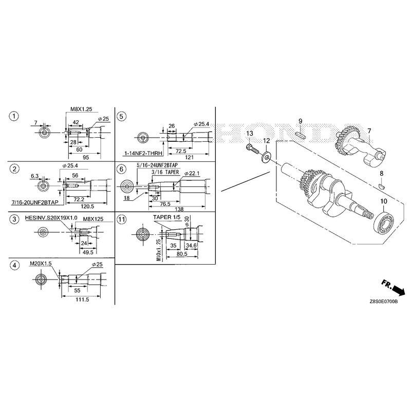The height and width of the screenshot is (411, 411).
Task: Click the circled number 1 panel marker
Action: [14, 116]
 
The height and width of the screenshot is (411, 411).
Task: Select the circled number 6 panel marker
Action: [121, 170]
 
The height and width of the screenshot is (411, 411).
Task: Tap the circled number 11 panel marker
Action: [121, 219]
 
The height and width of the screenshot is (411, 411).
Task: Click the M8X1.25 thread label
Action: [81, 109]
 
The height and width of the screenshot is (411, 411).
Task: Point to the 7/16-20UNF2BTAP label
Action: [35, 202]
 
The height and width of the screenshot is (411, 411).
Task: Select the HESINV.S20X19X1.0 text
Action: [51, 218]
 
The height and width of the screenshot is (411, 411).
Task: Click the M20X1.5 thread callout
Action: [41, 264]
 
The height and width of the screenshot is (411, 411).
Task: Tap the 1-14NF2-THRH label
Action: [143, 153]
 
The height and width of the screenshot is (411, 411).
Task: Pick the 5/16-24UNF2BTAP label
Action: [157, 165]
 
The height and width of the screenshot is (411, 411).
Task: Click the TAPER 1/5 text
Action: [167, 217]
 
